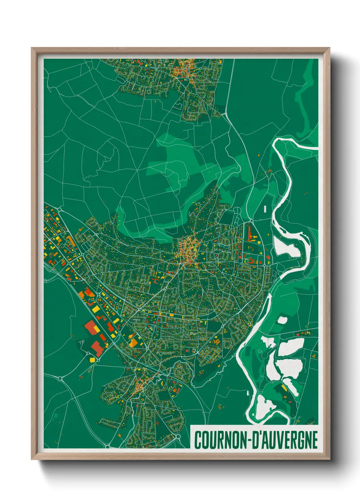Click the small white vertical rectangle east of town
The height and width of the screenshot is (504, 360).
click(x=265, y=209)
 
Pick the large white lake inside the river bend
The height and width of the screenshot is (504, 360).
click(x=286, y=246)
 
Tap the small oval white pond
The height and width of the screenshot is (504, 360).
click(x=282, y=320)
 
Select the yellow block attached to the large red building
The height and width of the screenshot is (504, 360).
click(x=96, y=329)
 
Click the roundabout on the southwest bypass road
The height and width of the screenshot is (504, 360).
click(x=60, y=378)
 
